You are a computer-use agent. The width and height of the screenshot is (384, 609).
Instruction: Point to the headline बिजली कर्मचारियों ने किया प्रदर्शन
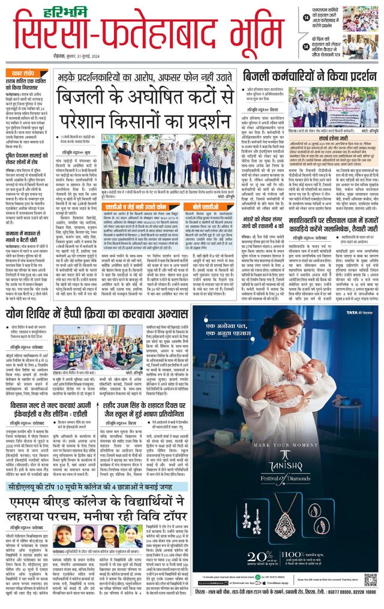click(309, 78)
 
